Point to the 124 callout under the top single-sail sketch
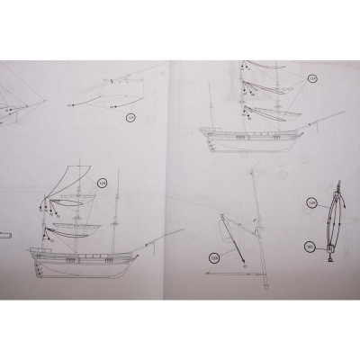pyautogui.click(x=130, y=116)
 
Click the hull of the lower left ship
pyautogui.click(x=81, y=261)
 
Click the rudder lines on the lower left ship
pyautogui.click(x=36, y=262)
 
